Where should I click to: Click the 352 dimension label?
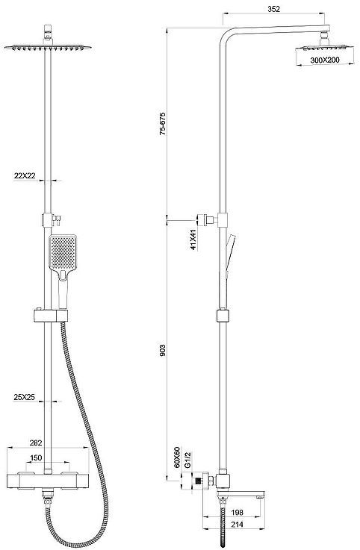(274, 9)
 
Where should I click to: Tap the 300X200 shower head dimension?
(325, 60)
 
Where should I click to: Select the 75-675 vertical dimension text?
(162, 124)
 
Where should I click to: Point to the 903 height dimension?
(162, 351)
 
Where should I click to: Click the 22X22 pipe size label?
(25, 175)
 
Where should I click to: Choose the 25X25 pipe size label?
(24, 397)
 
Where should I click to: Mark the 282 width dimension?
(36, 443)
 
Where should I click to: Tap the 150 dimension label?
(36, 457)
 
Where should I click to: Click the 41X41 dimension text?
(193, 240)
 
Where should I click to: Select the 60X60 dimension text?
(177, 457)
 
